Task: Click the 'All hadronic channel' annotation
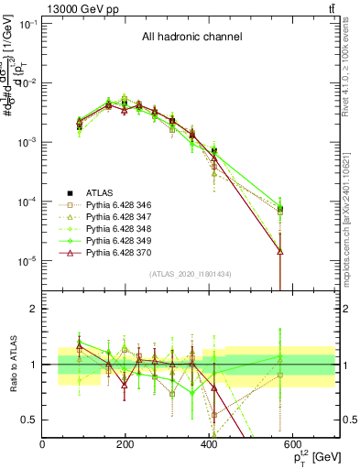pyautogui.click(x=191, y=38)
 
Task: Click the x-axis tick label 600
pyautogui.click(x=294, y=444)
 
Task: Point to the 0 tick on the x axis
pyautogui.click(x=43, y=444)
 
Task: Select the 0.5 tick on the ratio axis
pyautogui.click(x=31, y=420)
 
